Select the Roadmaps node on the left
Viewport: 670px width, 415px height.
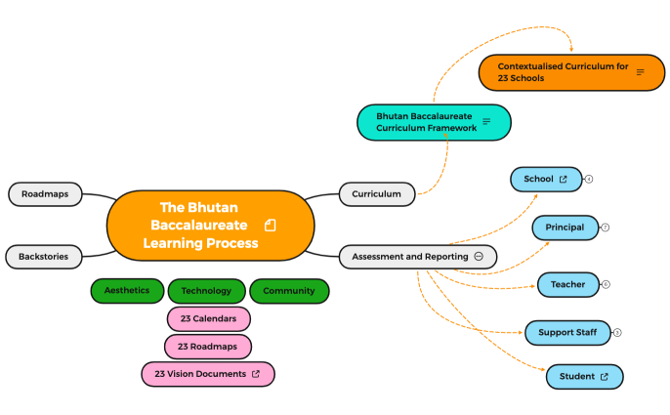pos(45,193)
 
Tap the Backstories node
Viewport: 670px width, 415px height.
pos(44,257)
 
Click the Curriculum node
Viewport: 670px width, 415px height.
pos(377,193)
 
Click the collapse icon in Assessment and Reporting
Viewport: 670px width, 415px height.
pos(479,256)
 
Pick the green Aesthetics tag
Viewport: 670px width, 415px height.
pos(127,290)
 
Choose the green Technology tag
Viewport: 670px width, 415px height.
pos(206,290)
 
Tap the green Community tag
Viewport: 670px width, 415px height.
pos(289,290)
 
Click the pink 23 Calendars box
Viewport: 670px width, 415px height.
pos(208,318)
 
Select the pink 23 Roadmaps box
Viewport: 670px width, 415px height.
pos(208,346)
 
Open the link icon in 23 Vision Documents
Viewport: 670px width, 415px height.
pos(256,373)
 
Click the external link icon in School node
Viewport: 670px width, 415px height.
pos(563,180)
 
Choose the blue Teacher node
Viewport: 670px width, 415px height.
pos(567,284)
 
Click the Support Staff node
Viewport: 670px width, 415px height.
pos(567,332)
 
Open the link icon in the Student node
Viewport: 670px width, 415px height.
pos(604,377)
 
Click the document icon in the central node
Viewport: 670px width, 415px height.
pos(271,226)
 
